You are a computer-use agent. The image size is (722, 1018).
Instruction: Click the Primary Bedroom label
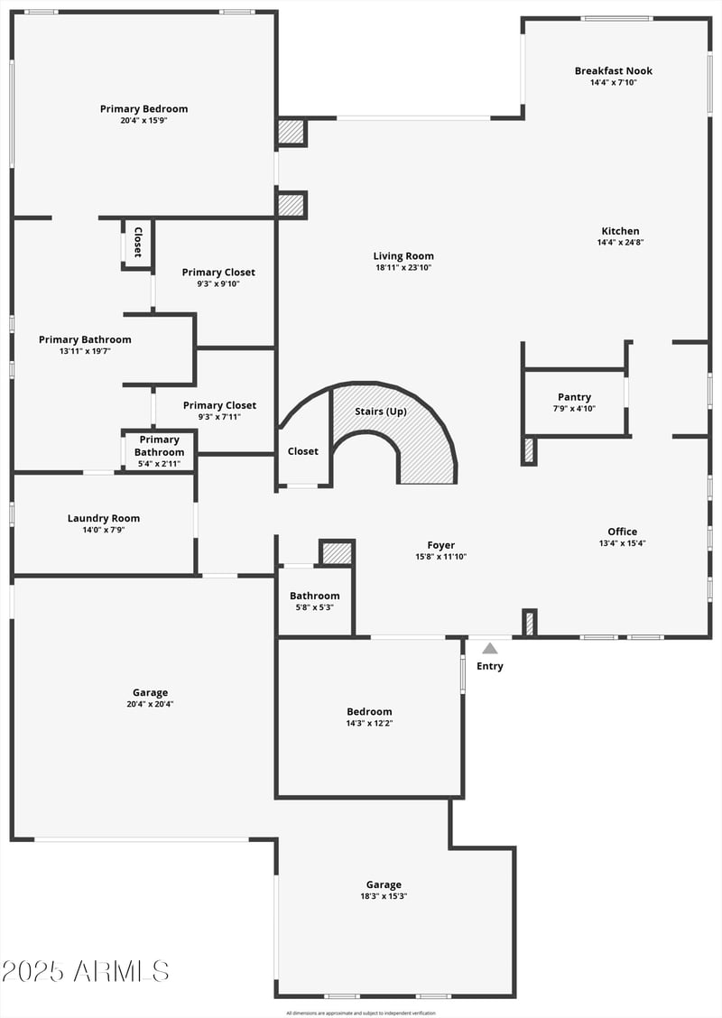click(x=143, y=109)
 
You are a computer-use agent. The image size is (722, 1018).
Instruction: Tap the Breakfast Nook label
click(x=613, y=71)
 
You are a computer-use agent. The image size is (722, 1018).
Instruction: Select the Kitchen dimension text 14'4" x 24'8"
click(x=620, y=243)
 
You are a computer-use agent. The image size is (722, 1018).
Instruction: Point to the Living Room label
click(x=403, y=256)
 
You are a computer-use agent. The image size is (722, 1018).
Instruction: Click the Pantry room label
click(x=574, y=397)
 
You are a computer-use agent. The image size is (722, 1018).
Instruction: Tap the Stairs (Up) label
click(x=380, y=412)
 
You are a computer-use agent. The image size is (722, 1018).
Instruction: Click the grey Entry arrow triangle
click(x=489, y=648)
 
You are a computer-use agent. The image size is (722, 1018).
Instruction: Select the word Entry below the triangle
click(x=490, y=667)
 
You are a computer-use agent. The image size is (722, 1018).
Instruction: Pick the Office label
click(x=622, y=532)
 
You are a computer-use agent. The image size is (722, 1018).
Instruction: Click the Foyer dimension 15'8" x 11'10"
click(x=440, y=557)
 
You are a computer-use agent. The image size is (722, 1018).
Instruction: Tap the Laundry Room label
click(x=104, y=518)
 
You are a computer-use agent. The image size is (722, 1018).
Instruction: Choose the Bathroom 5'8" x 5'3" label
click(x=314, y=596)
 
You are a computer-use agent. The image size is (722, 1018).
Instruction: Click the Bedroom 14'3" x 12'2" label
click(x=369, y=712)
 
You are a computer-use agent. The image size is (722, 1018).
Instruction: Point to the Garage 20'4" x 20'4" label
click(x=150, y=693)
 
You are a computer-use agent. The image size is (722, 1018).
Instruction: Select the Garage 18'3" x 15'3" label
click(x=384, y=885)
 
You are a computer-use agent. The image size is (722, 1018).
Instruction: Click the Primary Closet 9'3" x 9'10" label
click(x=218, y=273)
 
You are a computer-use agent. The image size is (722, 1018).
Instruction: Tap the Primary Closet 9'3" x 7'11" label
click(x=219, y=406)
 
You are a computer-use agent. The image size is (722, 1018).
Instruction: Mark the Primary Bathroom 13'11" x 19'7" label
click(x=85, y=340)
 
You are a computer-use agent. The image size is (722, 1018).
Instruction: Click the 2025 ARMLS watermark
click(x=85, y=971)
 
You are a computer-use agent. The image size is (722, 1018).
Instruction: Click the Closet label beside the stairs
click(x=302, y=451)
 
